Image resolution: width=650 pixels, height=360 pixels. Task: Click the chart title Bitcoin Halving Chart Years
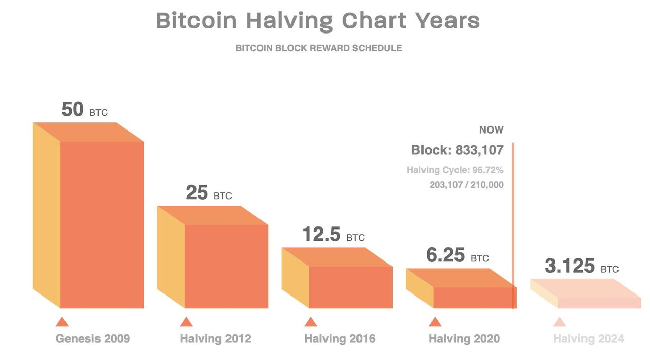pyautogui.click(x=318, y=21)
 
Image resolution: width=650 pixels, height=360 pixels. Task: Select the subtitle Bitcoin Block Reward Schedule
pyautogui.click(x=318, y=48)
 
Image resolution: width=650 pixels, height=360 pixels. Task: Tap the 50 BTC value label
pyautogui.click(x=84, y=110)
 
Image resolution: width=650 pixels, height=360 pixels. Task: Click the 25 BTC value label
pyautogui.click(x=209, y=193)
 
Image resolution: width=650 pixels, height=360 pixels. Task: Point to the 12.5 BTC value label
pyautogui.click(x=333, y=235)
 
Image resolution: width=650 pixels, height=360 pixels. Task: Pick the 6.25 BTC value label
pyautogui.click(x=457, y=255)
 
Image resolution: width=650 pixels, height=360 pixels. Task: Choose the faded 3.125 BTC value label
pyautogui.click(x=581, y=266)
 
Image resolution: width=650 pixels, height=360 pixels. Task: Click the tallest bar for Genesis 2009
pyautogui.click(x=102, y=223)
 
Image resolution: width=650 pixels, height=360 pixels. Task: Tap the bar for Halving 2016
pyautogui.click(x=350, y=286)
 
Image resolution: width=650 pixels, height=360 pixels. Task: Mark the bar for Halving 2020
pyautogui.click(x=472, y=297)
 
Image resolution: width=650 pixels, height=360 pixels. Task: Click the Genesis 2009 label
pyautogui.click(x=93, y=339)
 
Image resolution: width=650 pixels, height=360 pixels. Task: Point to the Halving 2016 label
pyautogui.click(x=340, y=339)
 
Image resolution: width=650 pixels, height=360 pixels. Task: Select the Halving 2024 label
pyautogui.click(x=588, y=339)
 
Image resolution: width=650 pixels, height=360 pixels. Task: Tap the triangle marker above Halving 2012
pyautogui.click(x=186, y=322)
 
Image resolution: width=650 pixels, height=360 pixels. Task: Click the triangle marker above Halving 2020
pyautogui.click(x=435, y=322)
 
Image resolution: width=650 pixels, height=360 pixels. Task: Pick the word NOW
pyautogui.click(x=491, y=130)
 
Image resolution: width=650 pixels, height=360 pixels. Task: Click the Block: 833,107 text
pyautogui.click(x=457, y=150)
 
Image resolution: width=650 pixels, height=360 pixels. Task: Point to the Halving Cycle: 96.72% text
pyautogui.click(x=455, y=170)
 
